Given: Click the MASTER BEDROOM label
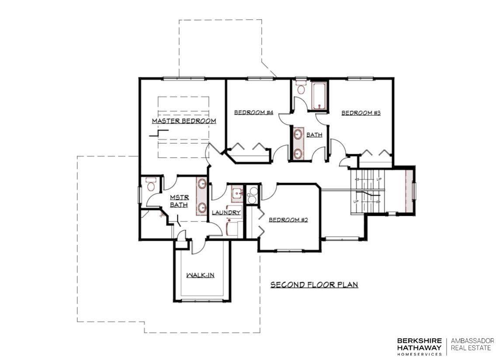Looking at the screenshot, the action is pyautogui.click(x=184, y=121).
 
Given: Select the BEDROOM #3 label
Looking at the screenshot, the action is pyautogui.click(x=361, y=113).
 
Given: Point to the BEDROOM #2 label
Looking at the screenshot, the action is pyautogui.click(x=288, y=220).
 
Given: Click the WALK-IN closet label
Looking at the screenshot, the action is pyautogui.click(x=200, y=275).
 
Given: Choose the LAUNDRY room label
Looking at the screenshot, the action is pyautogui.click(x=226, y=213).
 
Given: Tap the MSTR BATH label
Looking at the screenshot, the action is pyautogui.click(x=179, y=201).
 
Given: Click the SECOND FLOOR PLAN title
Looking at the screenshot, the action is pyautogui.click(x=314, y=285).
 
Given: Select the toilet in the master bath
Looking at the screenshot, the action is pyautogui.click(x=151, y=184).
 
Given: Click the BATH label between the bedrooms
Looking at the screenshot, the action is pyautogui.click(x=315, y=135).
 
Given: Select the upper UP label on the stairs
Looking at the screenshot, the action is pyautogui.click(x=379, y=180).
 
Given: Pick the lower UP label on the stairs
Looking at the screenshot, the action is pyautogui.click(x=356, y=201).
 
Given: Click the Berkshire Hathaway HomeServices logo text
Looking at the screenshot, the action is pyautogui.click(x=420, y=346).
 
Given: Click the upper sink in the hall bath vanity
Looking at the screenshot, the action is pyautogui.click(x=298, y=135).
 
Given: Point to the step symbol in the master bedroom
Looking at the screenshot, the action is pyautogui.click(x=159, y=133).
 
